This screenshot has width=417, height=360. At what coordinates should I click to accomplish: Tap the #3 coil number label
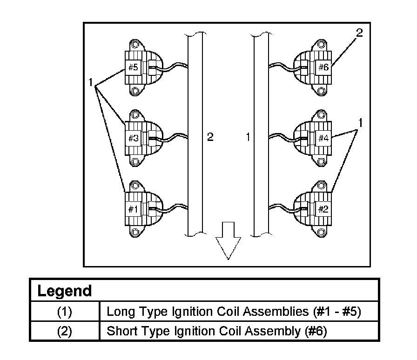133,138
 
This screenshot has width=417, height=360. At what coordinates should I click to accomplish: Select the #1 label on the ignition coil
133,209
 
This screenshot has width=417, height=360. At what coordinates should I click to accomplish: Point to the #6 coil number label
323,67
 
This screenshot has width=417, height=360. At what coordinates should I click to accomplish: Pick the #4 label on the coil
323,138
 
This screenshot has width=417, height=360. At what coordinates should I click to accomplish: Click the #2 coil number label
323,209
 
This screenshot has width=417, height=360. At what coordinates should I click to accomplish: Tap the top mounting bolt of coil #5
135,45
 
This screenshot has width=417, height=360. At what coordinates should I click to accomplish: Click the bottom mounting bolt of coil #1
135,233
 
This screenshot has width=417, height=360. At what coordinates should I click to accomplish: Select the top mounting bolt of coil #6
321,45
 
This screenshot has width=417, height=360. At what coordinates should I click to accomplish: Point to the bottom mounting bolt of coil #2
321,232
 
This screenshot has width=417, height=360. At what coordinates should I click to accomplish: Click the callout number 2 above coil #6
359,33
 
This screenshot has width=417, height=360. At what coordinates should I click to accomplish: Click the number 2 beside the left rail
210,137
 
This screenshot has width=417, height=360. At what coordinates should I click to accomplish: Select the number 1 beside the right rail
248,137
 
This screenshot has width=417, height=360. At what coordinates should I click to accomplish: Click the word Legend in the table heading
64,292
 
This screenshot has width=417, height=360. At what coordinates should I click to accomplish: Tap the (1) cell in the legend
65,312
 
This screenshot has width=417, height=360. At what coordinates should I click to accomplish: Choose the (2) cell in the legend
65,332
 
